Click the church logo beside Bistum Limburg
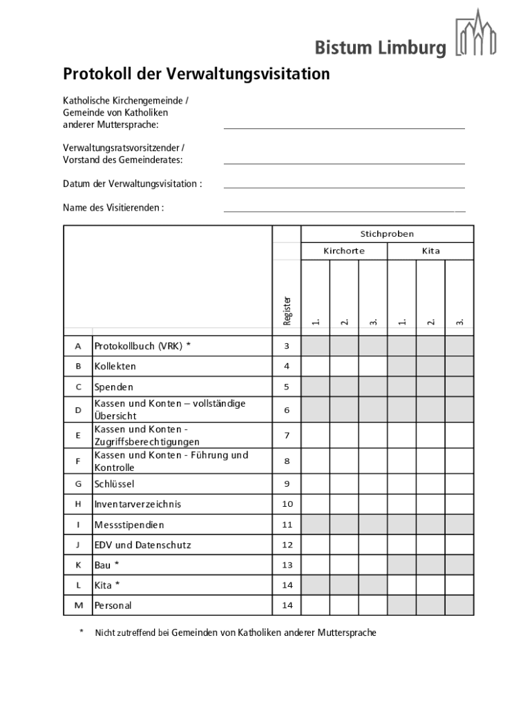476,33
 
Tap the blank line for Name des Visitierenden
344,210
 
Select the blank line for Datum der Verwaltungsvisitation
344,186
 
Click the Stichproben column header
387,234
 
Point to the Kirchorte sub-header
344,251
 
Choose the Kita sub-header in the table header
430,251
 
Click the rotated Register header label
287,310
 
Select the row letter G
78,484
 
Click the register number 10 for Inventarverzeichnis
287,505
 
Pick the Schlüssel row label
114,484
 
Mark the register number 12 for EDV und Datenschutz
287,545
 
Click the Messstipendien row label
129,525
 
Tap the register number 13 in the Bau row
287,565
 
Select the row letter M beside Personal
78,606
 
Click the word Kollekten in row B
115,367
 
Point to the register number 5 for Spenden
287,387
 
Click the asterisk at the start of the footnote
81,632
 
